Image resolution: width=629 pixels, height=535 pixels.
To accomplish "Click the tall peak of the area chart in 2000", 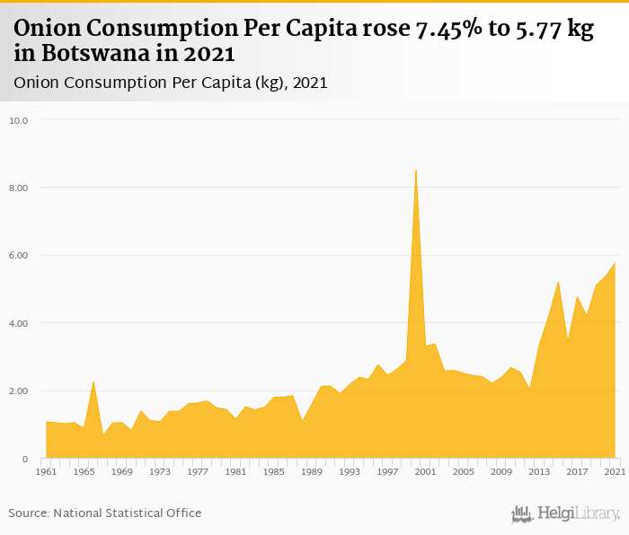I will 415,171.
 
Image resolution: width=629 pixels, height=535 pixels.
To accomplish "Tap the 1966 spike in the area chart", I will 93,382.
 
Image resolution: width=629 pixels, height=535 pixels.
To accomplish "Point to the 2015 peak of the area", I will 558,283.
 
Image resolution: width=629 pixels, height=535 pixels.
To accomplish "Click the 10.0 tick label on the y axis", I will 19,120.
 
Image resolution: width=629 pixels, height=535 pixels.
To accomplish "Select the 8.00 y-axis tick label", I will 19,188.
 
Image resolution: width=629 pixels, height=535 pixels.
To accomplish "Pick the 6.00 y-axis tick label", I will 19,256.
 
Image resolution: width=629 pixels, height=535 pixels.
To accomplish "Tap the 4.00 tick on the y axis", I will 19,323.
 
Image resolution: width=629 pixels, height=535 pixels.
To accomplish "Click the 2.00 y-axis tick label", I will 19,391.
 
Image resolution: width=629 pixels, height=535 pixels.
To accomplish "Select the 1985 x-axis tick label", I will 273,471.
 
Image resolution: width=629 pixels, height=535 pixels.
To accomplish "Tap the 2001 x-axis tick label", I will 425,471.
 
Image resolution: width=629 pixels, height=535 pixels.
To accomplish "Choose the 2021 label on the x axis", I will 615,471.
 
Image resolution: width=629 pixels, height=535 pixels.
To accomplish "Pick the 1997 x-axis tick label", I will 387,471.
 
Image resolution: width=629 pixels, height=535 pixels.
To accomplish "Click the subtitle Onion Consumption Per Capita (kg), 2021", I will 171,83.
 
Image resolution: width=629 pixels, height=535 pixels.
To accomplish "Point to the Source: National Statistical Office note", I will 105,513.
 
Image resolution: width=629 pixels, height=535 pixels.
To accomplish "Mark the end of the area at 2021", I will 615,263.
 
